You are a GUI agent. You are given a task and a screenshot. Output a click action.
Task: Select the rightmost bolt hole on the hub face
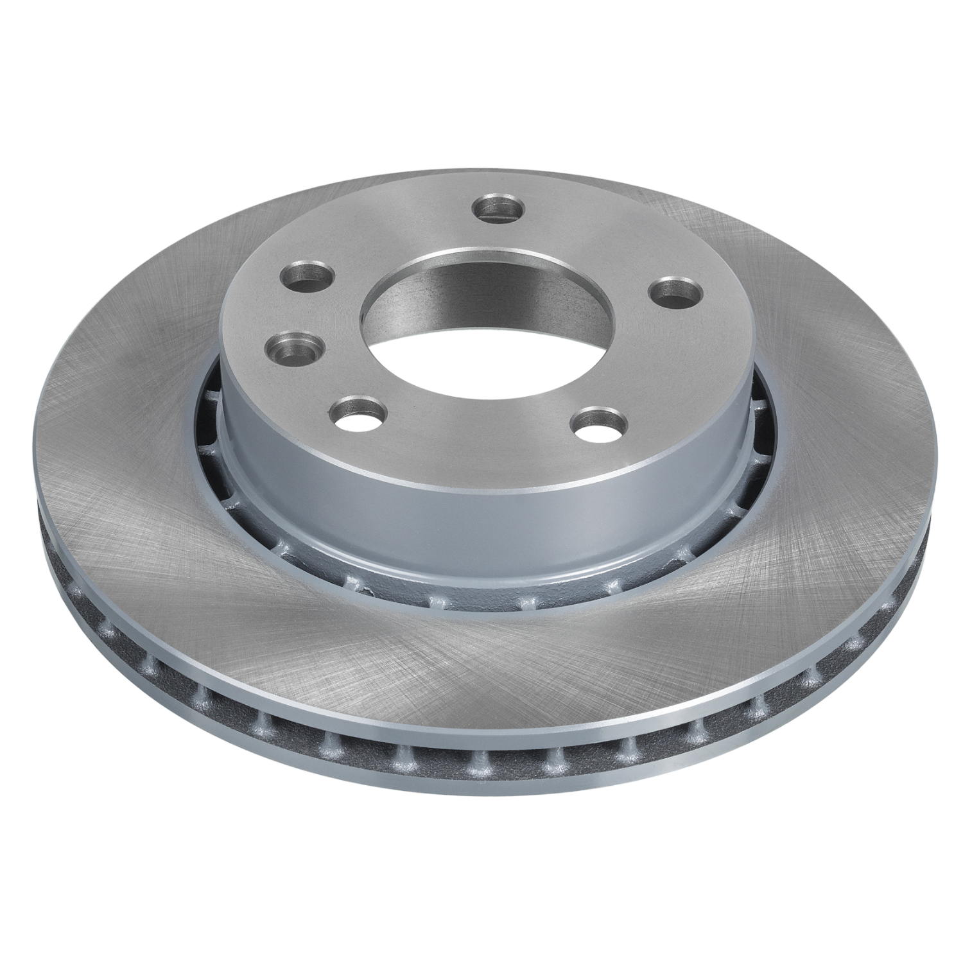(x=674, y=290)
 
